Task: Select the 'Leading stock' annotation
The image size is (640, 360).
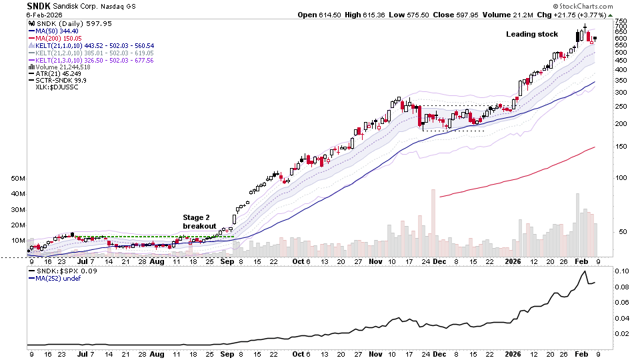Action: [531, 34]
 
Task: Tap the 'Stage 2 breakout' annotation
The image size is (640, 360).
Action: [199, 221]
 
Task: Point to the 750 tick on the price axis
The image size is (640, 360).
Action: [621, 21]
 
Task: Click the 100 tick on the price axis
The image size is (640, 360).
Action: [621, 178]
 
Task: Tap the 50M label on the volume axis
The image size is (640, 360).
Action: [18, 179]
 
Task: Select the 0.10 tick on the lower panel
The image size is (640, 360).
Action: [621, 272]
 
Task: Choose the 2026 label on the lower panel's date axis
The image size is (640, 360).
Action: [512, 354]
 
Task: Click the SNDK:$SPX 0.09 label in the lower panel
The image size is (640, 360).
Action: [58, 271]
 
